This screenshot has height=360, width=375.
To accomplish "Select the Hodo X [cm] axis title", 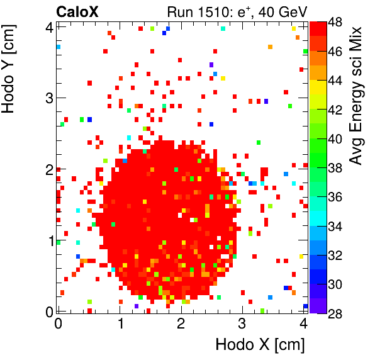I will click(260, 345).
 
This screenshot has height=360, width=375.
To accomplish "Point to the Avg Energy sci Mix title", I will click(357, 95).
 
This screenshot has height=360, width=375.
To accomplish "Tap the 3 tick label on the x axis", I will click(242, 324).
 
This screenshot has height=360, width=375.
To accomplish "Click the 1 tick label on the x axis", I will click(119, 324).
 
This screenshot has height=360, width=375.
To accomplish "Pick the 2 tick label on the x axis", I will click(181, 324).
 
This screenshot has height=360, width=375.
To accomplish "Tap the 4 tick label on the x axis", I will click(303, 324).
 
